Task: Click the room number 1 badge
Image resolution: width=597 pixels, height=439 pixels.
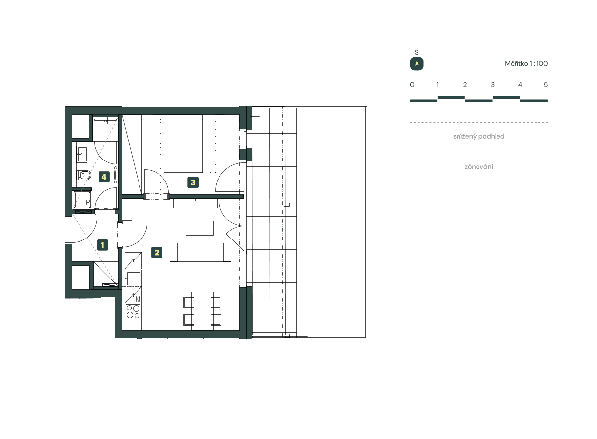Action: coord(102,245)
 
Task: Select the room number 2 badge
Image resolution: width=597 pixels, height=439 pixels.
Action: coord(157,252)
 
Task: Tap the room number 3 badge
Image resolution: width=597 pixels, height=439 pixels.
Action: coord(193,182)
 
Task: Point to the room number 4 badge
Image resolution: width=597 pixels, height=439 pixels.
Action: coord(104,177)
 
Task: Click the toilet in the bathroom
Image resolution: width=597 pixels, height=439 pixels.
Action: coord(84,175)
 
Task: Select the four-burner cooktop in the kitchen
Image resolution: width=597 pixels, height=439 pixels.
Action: coord(133,311)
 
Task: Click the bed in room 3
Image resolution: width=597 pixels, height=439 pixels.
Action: coord(183,143)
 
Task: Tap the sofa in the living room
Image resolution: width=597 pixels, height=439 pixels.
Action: coord(200,256)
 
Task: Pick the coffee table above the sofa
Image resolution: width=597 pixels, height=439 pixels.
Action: coord(199,228)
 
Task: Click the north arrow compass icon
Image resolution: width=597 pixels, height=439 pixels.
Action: coord(417,64)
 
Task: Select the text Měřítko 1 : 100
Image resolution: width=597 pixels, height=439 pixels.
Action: coord(526,64)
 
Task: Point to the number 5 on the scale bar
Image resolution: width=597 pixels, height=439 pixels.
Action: coord(546,85)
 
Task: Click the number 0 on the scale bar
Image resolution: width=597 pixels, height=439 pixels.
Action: coord(412,85)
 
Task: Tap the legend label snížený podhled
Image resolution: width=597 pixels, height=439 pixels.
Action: coord(478,136)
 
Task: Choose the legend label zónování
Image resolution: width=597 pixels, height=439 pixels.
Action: coord(478,167)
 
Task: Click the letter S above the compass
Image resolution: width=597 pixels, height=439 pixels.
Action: coord(417,52)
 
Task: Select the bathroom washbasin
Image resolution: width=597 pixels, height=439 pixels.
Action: coord(82,154)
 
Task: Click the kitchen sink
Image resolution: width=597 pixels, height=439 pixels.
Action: coord(133,279)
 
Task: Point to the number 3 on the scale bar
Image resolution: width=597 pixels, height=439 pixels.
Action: coord(493,85)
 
